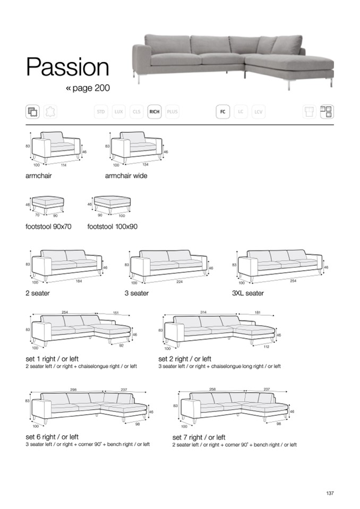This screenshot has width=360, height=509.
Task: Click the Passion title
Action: point(67,67)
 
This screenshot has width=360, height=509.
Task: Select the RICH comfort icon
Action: point(155,112)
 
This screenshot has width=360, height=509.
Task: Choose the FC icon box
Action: point(222,112)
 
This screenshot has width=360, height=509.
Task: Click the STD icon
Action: point(100,112)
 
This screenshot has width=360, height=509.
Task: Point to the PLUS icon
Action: point(173,112)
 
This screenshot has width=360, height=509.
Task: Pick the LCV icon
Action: point(259,112)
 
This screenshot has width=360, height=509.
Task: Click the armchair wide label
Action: point(126,176)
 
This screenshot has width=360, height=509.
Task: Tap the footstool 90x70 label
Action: point(48,227)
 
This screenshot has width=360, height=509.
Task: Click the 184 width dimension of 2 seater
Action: point(79,281)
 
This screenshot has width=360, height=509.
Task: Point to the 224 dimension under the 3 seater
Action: point(179,282)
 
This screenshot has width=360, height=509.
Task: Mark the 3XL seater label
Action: point(248,293)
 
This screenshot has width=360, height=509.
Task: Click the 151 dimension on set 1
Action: point(115,313)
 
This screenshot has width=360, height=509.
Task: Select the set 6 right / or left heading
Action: point(52,437)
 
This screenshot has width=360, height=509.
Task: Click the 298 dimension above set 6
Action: point(73,390)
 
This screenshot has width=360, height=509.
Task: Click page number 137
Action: point(330,494)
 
